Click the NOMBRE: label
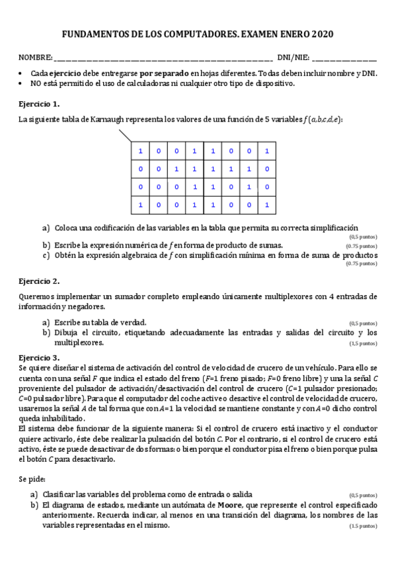34,58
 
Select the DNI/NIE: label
292,58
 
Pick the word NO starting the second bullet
36,83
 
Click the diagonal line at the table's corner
125,136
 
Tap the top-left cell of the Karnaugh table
140,151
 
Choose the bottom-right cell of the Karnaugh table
265,204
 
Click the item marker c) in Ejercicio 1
46,254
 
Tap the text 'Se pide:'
32,478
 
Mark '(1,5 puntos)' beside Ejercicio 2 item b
364,344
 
